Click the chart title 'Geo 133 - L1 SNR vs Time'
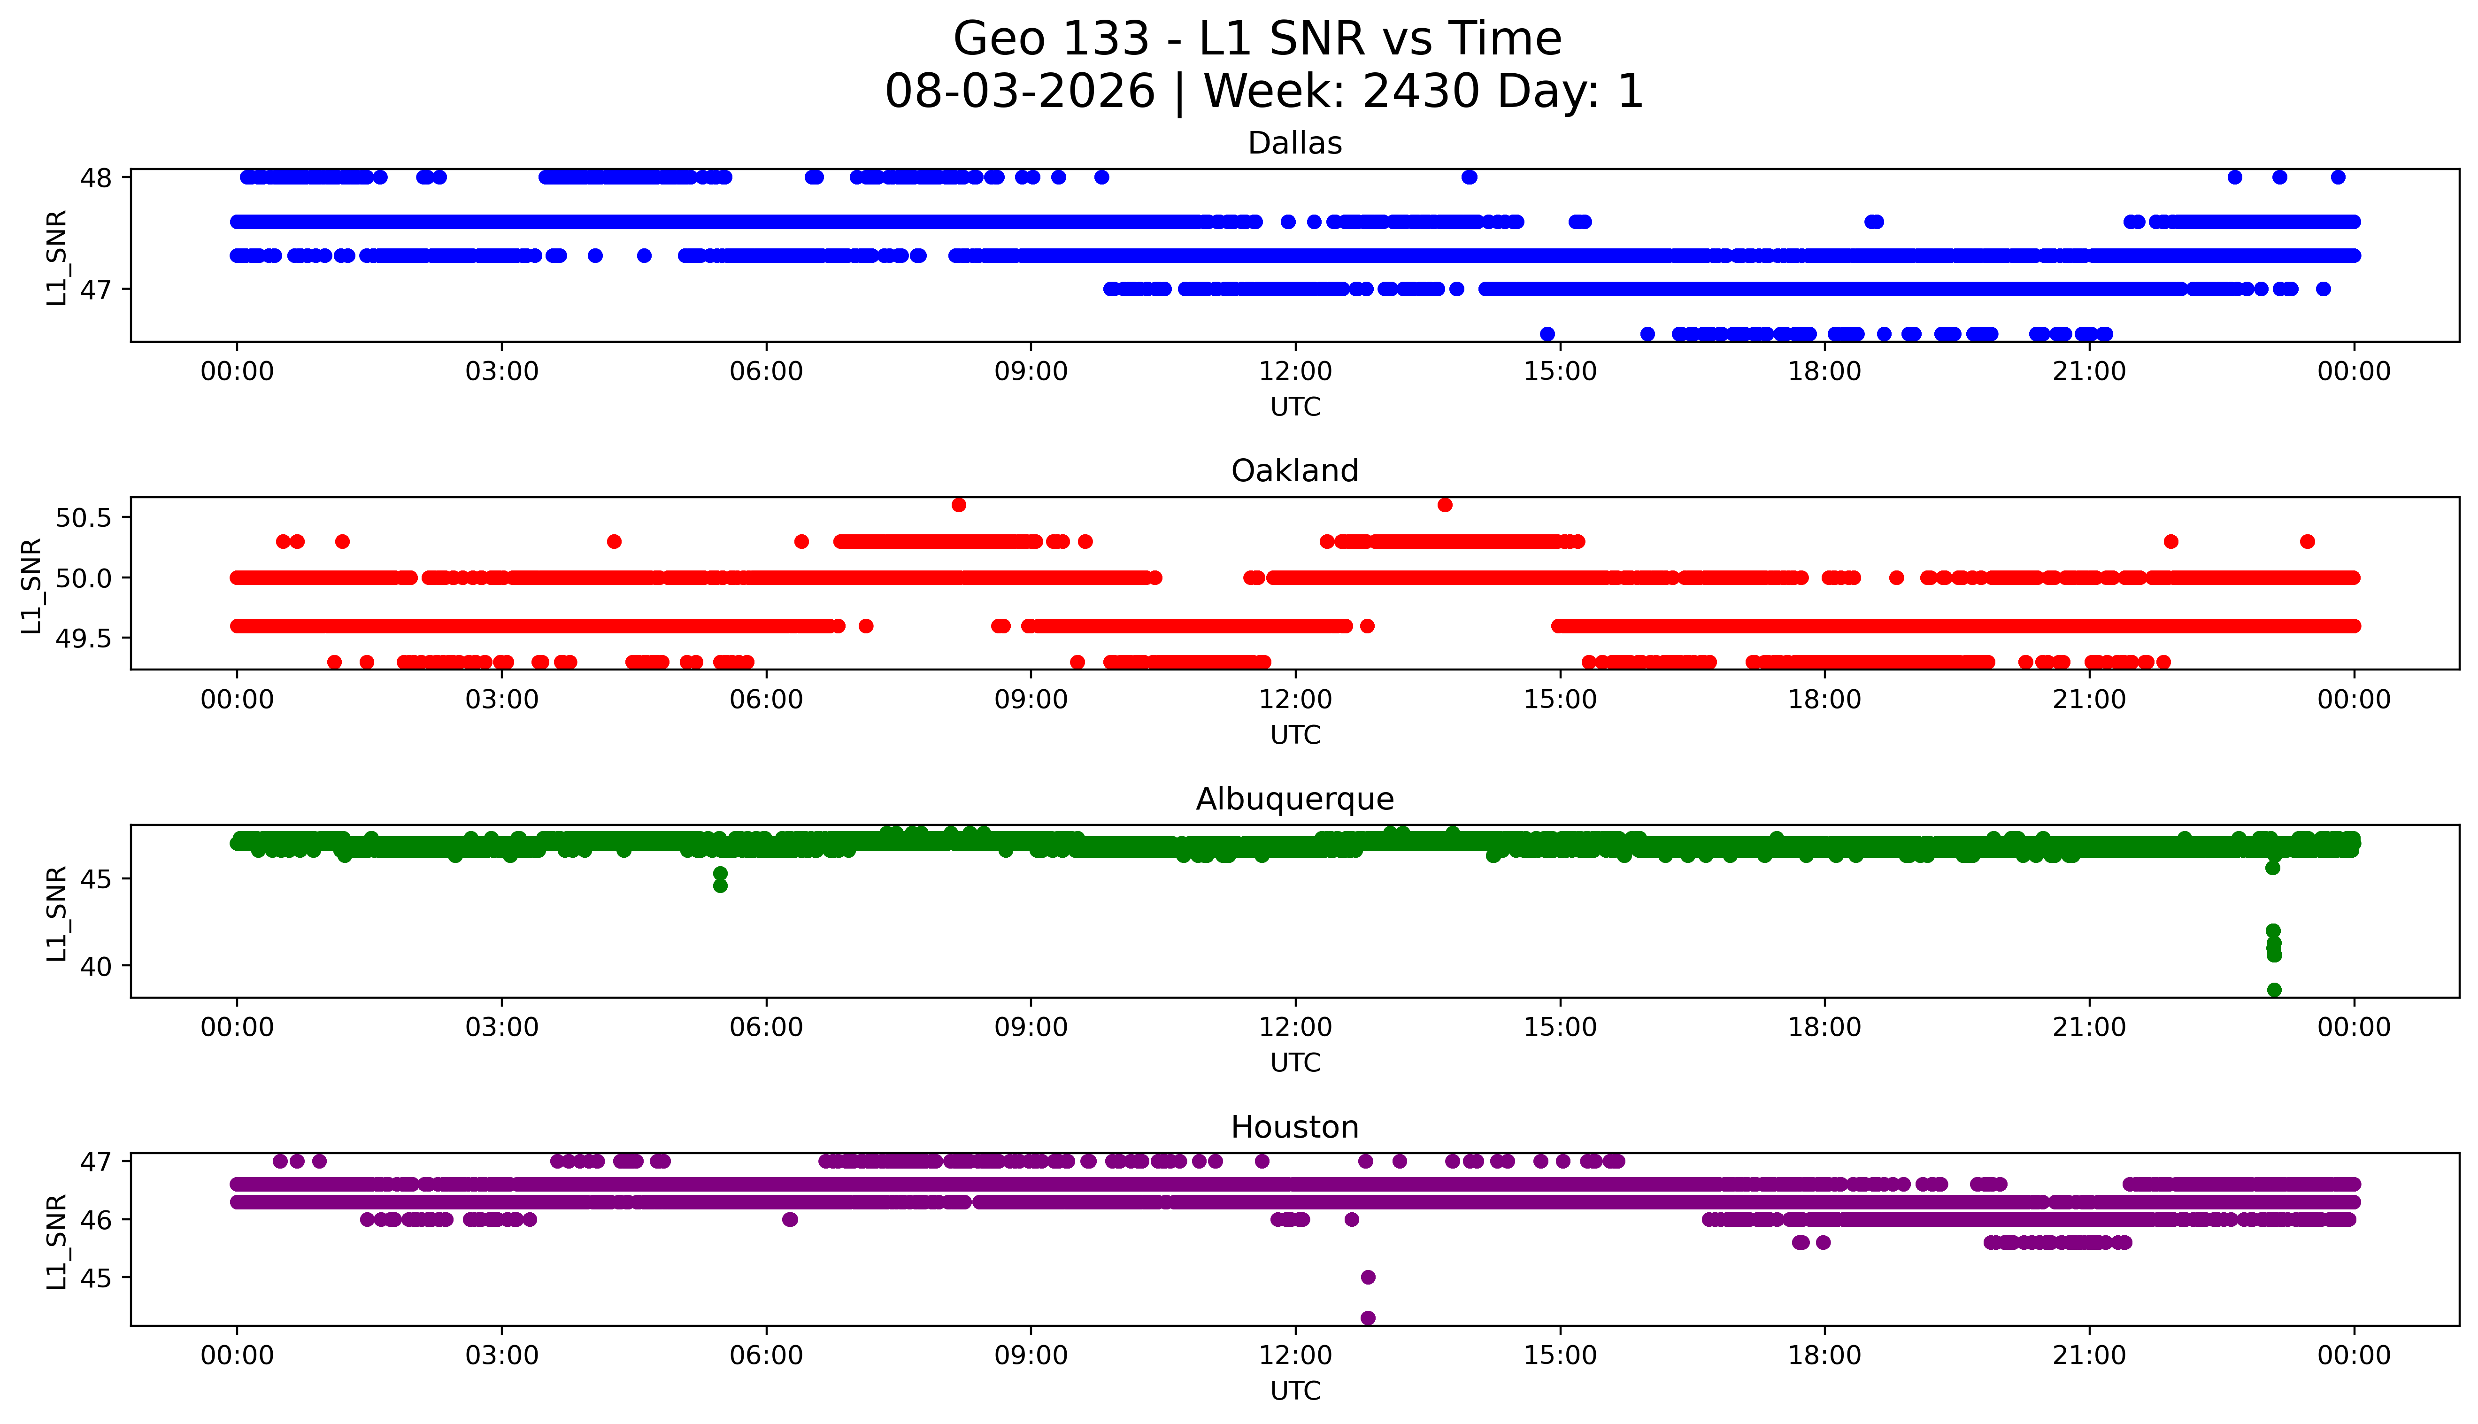(x=1258, y=39)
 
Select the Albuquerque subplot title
(x=1295, y=799)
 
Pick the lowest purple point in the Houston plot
(x=1368, y=1318)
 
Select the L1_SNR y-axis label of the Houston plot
(x=57, y=1241)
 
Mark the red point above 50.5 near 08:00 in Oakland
(x=958, y=505)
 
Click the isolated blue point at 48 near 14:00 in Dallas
(x=1469, y=177)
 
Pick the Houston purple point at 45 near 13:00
(x=1368, y=1278)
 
